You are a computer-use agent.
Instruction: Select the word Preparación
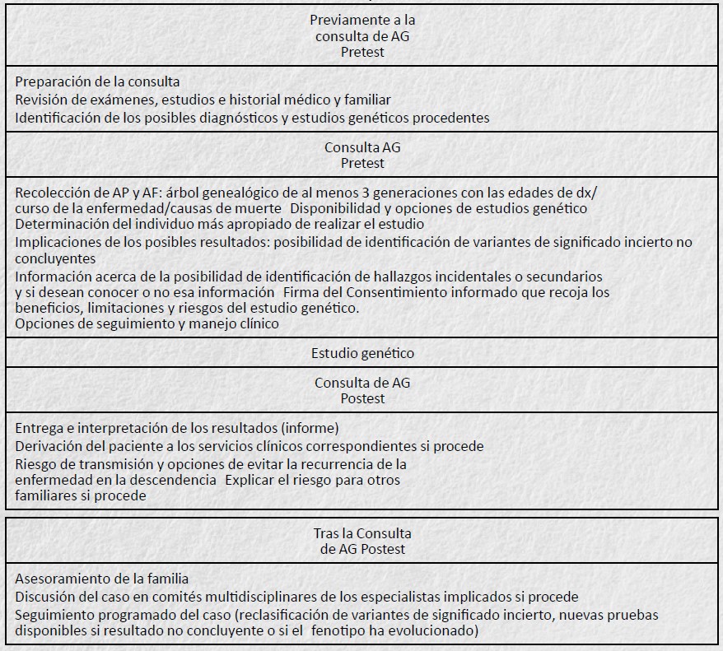click(52, 82)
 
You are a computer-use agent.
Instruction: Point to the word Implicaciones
click(57, 242)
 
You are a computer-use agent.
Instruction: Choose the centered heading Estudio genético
click(362, 353)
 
